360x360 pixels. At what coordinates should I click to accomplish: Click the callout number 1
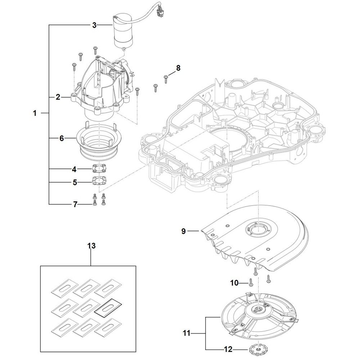point(35,113)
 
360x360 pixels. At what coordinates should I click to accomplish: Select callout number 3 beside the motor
point(94,25)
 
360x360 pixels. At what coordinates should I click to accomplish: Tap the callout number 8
point(177,68)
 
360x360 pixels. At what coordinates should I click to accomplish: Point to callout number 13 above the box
point(91,246)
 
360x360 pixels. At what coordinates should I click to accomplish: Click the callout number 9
point(183,231)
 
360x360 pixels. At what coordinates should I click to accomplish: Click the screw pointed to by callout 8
point(166,78)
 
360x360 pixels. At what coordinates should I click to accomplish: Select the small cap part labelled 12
point(255,349)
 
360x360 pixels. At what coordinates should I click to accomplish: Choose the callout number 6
point(62,139)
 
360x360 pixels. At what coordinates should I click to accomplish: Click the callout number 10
point(234,283)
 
